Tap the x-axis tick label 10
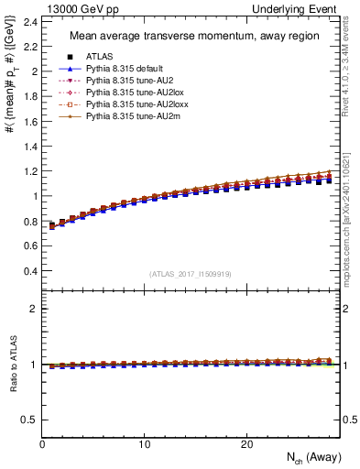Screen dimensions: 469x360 pos(144,444)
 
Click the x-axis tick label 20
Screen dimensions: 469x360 pos(245,444)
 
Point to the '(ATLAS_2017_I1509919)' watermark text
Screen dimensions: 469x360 pos(191,272)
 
